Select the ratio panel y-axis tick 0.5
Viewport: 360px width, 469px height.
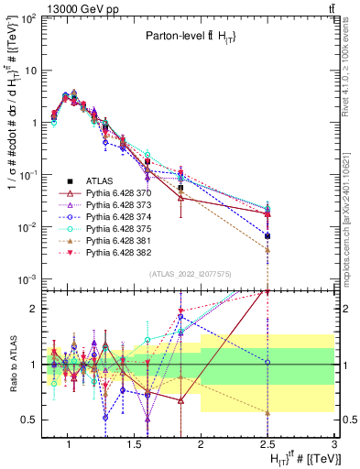click(x=30, y=420)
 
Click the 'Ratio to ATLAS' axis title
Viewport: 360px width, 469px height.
click(x=11, y=364)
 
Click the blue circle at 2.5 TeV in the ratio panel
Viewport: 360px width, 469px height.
click(x=267, y=363)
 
